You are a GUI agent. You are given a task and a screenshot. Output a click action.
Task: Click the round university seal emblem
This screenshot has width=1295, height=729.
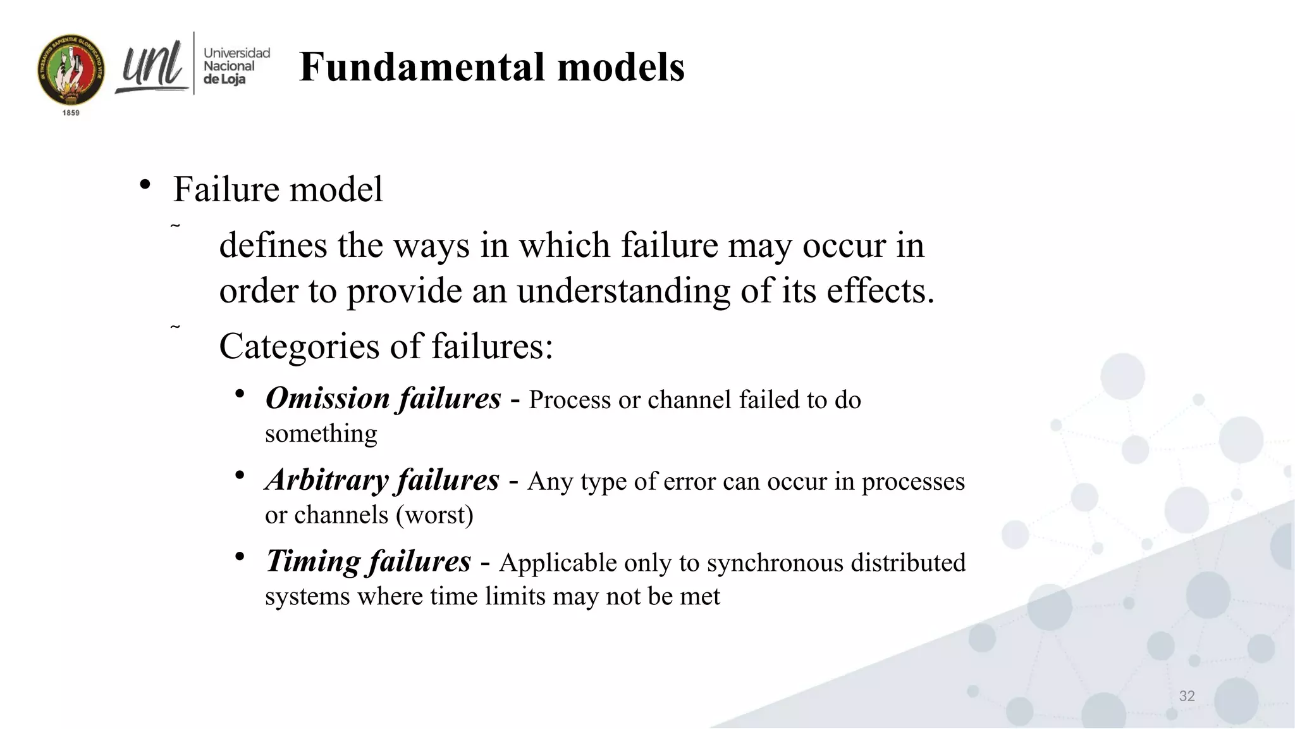point(71,70)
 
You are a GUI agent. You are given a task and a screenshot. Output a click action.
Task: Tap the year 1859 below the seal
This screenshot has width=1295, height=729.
point(71,113)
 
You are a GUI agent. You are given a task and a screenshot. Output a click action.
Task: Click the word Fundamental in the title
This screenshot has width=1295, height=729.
point(421,67)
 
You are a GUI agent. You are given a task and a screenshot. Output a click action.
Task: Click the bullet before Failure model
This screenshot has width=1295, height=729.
point(145,185)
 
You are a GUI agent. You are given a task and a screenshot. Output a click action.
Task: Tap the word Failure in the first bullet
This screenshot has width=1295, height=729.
point(226,189)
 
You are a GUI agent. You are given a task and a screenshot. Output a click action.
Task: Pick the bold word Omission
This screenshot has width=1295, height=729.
point(328,399)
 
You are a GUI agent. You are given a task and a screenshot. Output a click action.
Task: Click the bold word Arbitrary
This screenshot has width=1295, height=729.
point(326,480)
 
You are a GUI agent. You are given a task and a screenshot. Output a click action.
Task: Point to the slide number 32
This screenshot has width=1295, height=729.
point(1186,696)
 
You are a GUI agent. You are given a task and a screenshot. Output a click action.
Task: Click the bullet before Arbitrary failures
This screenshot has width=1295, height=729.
point(240,476)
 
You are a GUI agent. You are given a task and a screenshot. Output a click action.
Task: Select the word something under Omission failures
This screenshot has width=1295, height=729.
point(321,434)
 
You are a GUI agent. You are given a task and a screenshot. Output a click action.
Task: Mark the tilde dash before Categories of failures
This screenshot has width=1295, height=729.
point(175,327)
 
